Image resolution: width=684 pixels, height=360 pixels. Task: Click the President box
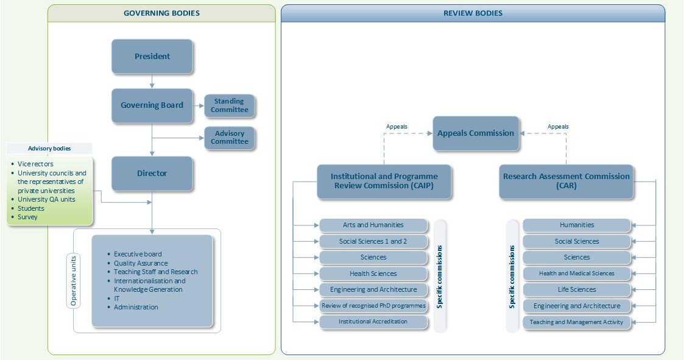pos(152,56)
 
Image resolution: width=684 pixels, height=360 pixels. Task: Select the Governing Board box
pos(152,105)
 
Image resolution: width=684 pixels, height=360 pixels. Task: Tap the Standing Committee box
pos(230,105)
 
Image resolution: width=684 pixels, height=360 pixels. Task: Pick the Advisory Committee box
pos(230,138)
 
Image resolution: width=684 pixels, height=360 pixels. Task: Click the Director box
pos(152,173)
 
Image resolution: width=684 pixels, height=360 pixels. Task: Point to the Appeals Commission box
pos(476,133)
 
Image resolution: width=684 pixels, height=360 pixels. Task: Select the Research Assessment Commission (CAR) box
pos(566,182)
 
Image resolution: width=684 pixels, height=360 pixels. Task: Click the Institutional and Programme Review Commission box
pos(384,182)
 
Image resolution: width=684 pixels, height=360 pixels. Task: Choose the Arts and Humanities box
pos(373,225)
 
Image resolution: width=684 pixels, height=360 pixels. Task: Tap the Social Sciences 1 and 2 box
pos(373,241)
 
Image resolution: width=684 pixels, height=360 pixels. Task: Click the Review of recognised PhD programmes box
pos(373,305)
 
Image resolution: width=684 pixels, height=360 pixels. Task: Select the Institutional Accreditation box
pos(373,322)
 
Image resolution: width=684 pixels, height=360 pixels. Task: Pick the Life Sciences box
pos(577,289)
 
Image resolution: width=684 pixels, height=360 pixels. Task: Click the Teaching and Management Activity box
pos(577,322)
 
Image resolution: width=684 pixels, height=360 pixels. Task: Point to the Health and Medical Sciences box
pos(577,274)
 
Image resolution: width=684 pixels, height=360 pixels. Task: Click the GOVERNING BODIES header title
pos(161,13)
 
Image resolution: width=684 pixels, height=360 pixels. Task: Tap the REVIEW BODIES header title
pos(473,13)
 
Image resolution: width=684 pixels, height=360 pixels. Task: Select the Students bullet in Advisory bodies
pos(27,208)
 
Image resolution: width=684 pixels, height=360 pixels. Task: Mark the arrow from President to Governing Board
pos(152,81)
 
